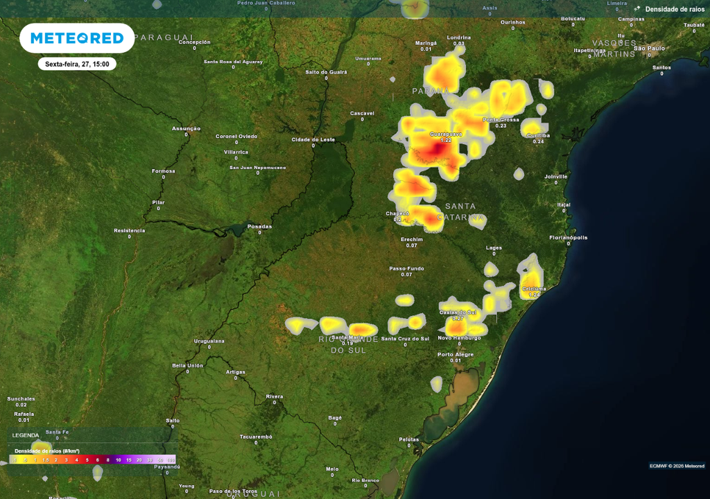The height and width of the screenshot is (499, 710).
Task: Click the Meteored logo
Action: coord(77,38)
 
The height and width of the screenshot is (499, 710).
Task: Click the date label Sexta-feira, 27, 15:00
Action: coord(77,64)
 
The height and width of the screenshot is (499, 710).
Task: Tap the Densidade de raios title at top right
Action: coord(675,9)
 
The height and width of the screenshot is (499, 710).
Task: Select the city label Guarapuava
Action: coord(445,134)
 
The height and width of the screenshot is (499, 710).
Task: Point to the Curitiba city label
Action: coord(538,135)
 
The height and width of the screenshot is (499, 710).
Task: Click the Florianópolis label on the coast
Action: coord(568,237)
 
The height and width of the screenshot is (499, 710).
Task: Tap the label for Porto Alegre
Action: coord(456,354)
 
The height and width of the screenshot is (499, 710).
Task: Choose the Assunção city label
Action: coord(186,128)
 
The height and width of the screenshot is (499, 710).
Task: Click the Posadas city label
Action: coord(259,226)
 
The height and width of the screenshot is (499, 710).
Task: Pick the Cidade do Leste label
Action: coord(313,139)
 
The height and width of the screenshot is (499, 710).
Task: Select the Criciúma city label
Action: coord(533,288)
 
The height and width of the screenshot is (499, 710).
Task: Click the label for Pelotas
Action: coord(409,439)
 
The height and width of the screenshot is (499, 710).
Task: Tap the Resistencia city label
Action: coord(129,230)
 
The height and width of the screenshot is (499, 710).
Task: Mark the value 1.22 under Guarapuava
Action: coord(446,141)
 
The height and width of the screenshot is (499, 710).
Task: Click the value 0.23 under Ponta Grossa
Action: coord(501,126)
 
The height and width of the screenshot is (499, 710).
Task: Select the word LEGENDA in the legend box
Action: coord(26,435)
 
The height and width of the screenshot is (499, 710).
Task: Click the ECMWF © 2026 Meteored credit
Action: coord(677,466)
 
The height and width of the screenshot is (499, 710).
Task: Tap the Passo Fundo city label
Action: coord(406,268)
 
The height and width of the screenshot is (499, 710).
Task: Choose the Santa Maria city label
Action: coord(347,337)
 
